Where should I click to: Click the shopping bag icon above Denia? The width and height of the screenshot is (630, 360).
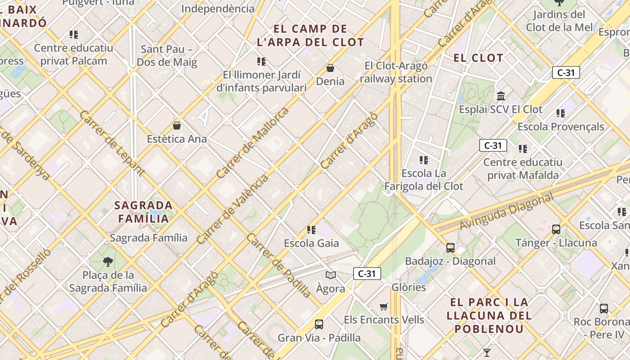(330, 68)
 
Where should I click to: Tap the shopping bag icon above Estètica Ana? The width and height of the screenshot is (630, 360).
(177, 126)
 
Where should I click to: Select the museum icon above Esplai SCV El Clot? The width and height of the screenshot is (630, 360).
(501, 96)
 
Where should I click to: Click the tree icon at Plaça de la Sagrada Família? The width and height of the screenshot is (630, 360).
(108, 261)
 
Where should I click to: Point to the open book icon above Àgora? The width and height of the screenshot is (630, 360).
(331, 275)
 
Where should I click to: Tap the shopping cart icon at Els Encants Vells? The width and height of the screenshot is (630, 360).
(384, 306)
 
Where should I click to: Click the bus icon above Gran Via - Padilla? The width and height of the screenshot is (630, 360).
(319, 324)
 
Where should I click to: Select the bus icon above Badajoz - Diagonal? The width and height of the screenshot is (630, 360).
(450, 247)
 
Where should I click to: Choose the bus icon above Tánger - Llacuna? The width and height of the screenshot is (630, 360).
(556, 229)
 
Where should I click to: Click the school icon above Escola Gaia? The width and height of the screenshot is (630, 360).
(311, 230)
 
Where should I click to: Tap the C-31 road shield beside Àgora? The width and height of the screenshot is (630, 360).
(367, 274)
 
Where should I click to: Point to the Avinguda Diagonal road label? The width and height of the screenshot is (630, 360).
(507, 211)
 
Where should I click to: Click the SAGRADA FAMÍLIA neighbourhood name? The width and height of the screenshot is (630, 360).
(144, 212)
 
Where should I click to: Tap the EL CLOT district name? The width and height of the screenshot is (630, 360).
(478, 58)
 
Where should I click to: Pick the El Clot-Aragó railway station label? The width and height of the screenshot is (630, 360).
(396, 72)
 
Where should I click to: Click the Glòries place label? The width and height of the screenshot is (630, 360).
(409, 287)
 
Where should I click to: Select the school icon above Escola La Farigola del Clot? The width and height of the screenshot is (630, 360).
(423, 160)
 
